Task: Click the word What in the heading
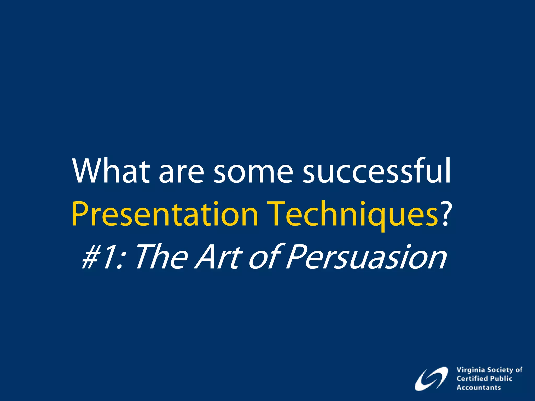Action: (111, 171)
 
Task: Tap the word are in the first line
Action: (181, 174)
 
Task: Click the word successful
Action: (376, 171)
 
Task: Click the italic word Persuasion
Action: (366, 257)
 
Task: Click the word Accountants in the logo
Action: (479, 387)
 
